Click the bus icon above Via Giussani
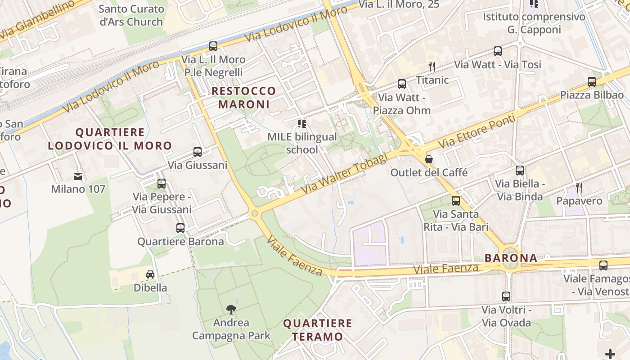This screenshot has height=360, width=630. [x=197, y=152]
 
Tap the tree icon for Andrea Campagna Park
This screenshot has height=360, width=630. [x=231, y=309]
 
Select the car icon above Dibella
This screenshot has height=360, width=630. [x=150, y=274]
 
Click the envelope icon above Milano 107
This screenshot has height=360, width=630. [x=78, y=176]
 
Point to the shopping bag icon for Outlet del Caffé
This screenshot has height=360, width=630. [x=429, y=159]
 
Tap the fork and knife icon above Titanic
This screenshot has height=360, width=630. [x=432, y=67]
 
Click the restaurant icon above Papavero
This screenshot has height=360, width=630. [x=579, y=188]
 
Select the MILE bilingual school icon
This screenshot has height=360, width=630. [x=301, y=123]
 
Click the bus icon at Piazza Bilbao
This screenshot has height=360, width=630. [x=592, y=82]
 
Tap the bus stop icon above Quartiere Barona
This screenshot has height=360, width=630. [x=180, y=228]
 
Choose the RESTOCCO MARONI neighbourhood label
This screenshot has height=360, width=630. [x=243, y=98]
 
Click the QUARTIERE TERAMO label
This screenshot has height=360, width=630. [x=318, y=330]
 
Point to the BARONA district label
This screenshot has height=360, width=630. [x=511, y=258]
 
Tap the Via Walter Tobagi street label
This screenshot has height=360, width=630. [x=344, y=174]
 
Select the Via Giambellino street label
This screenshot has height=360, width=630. [x=36, y=20]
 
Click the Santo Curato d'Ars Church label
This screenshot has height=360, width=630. [x=131, y=15]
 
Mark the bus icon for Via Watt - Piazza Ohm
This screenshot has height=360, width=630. [x=402, y=84]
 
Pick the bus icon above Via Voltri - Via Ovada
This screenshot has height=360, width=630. [x=506, y=297]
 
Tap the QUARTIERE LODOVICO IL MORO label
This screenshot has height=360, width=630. [x=110, y=139]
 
